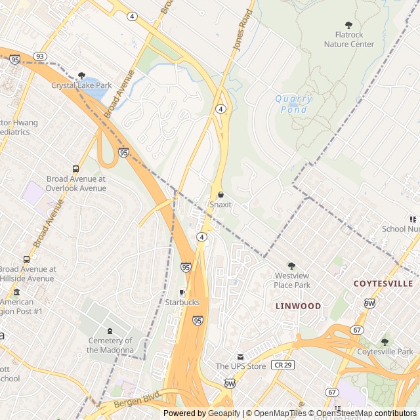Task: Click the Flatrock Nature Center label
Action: pyautogui.click(x=348, y=39)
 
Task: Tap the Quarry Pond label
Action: pyautogui.click(x=293, y=104)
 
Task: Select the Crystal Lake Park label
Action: pyautogui.click(x=81, y=85)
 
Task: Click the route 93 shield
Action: pyautogui.click(x=41, y=56)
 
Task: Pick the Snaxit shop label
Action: pyautogui.click(x=220, y=204)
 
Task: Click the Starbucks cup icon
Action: pyautogui.click(x=182, y=292)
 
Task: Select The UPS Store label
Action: pyautogui.click(x=240, y=366)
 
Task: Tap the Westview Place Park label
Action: pyautogui.click(x=292, y=280)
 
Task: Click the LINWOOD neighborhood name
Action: pyautogui.click(x=298, y=306)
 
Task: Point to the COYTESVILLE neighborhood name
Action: pyautogui.click(x=383, y=283)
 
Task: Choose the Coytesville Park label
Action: pyautogui.click(x=385, y=351)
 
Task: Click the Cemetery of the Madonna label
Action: pyautogui.click(x=110, y=345)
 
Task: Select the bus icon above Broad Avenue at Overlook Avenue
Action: pyautogui.click(x=76, y=168)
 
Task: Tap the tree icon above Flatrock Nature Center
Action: pyautogui.click(x=348, y=25)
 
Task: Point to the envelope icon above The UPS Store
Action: pyautogui.click(x=240, y=356)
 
